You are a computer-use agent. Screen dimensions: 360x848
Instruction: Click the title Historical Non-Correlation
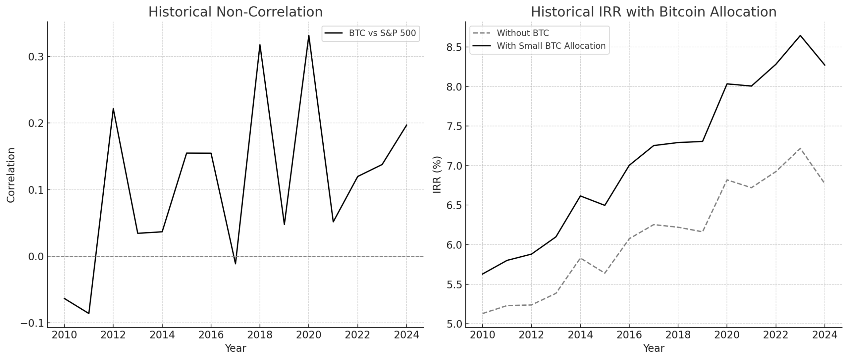pos(235,12)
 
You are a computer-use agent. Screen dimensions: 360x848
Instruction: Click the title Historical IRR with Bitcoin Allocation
pos(654,12)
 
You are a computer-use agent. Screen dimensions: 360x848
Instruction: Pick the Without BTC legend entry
pos(522,33)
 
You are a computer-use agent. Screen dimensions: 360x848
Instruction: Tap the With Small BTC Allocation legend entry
pos(551,46)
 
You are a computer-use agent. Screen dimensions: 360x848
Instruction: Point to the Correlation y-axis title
pos(11,175)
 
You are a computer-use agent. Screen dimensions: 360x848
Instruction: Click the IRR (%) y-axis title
pos(437,175)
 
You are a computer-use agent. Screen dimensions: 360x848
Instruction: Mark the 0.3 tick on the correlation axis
pos(36,57)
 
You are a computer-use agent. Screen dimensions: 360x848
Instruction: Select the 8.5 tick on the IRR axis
pos(454,47)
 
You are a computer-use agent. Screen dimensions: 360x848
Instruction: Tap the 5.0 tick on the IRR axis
pos(454,324)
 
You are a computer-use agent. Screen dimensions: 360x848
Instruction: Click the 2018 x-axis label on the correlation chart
pos(260,335)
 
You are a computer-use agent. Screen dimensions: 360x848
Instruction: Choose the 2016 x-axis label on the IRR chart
pos(629,335)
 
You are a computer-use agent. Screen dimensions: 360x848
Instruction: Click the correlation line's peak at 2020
pos(309,35)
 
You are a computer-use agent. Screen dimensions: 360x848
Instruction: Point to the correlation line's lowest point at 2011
pos(89,313)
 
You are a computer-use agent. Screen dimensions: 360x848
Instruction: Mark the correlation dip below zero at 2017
pos(236,264)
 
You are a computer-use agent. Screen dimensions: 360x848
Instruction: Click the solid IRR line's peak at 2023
pos(800,35)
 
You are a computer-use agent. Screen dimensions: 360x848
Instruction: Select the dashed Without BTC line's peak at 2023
pos(800,148)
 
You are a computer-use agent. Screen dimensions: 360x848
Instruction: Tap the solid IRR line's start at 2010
pos(482,274)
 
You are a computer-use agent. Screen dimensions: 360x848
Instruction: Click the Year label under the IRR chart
pos(654,348)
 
